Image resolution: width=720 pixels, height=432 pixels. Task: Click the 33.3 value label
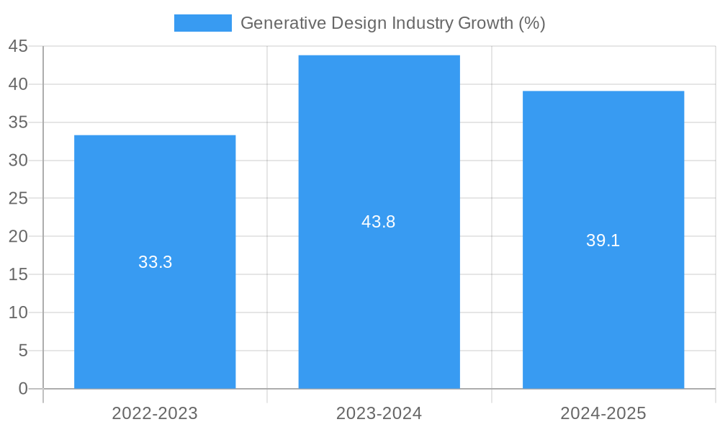click(156, 262)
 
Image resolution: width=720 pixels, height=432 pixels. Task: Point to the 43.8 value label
click(379, 222)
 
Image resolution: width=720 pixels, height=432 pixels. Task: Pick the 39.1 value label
click(603, 240)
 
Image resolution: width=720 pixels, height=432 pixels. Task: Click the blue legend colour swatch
click(202, 23)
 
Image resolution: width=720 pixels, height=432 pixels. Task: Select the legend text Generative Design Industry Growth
click(392, 23)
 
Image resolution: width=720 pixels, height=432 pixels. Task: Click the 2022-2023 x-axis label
click(155, 413)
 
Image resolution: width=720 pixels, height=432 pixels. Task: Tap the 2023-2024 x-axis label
click(379, 413)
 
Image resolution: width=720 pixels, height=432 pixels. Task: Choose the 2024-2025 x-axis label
click(603, 413)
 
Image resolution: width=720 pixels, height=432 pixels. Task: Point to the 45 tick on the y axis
click(18, 47)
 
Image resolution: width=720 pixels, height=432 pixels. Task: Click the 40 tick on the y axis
click(18, 84)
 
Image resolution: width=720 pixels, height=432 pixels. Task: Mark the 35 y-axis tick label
click(18, 122)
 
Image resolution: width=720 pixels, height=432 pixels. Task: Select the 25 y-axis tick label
click(18, 199)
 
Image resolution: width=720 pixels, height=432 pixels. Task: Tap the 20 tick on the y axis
click(18, 237)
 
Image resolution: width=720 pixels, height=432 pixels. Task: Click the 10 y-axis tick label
click(18, 312)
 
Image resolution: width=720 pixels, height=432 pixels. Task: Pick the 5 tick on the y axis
click(23, 351)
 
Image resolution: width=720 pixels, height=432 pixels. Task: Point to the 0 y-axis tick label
click(23, 389)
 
